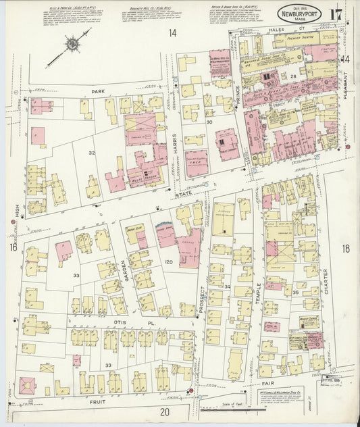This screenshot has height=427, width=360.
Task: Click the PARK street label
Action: (102, 90)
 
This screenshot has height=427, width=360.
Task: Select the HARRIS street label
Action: (174, 141)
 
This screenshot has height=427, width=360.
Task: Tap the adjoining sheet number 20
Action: (164, 411)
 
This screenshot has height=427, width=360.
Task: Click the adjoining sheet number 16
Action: (12, 248)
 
